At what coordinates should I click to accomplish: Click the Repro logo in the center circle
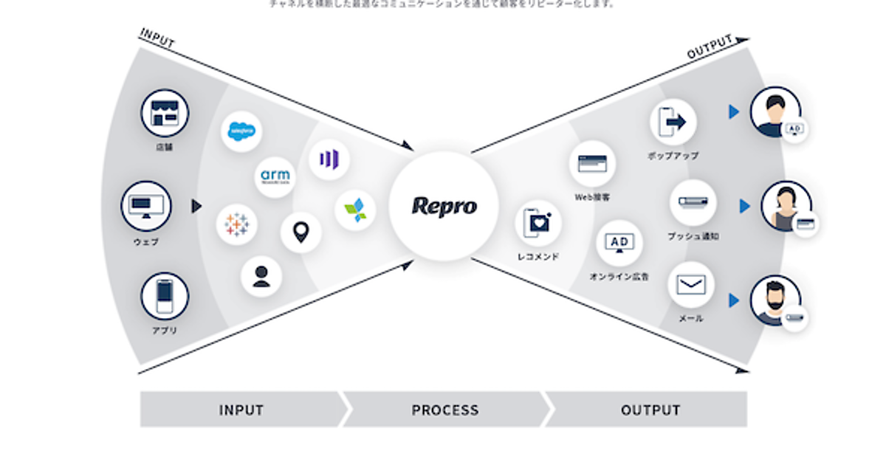click(x=444, y=206)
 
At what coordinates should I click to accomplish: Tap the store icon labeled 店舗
click(x=165, y=114)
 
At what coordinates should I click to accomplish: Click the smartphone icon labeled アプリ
click(x=165, y=296)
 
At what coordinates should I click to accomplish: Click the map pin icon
click(x=301, y=233)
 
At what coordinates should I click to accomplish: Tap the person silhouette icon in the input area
click(x=261, y=276)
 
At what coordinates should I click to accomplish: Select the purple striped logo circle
click(x=329, y=159)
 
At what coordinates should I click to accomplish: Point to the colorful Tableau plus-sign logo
click(x=236, y=224)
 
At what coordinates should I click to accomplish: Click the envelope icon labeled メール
click(x=691, y=285)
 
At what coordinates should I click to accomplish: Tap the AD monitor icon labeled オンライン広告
click(x=619, y=243)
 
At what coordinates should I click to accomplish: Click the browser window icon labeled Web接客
click(x=592, y=164)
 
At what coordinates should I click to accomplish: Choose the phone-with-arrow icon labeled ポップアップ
click(x=673, y=121)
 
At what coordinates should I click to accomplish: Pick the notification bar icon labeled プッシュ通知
click(x=693, y=201)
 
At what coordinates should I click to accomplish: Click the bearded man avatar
click(x=775, y=299)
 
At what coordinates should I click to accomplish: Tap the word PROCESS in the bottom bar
click(x=444, y=410)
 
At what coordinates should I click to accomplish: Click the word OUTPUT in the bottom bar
click(x=650, y=410)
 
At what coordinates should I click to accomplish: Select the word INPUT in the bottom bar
click(x=241, y=410)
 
